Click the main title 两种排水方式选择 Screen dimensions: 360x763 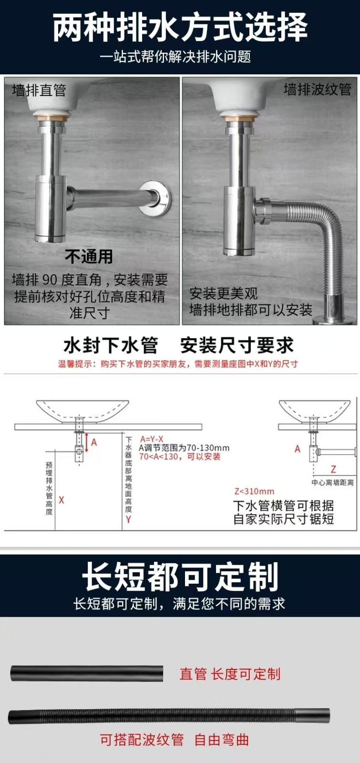pos(180,27)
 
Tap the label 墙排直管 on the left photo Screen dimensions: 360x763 pos(39,90)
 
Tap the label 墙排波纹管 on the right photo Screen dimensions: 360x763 pos(318,90)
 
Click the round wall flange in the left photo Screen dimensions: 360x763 pos(155,198)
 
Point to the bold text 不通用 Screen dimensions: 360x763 pos(89,257)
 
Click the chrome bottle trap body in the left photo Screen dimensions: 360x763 pos(51,208)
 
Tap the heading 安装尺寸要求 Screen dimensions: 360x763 pos(237,345)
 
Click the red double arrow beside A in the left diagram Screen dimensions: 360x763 pos(86,442)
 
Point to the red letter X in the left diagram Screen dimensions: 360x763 pos(62,500)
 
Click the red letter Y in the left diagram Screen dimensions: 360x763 pos(128,519)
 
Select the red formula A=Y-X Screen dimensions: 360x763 pos(152,439)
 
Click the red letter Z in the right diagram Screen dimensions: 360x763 pos(333,469)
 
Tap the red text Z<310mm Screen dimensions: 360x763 pos(255,491)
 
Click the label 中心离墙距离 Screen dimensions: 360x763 pos(332,482)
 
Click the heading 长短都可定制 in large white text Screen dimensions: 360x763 pos(180,577)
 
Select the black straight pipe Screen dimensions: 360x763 pos(86,673)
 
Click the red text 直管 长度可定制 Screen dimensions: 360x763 pos(230,674)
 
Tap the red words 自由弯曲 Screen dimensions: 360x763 pos(221,740)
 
